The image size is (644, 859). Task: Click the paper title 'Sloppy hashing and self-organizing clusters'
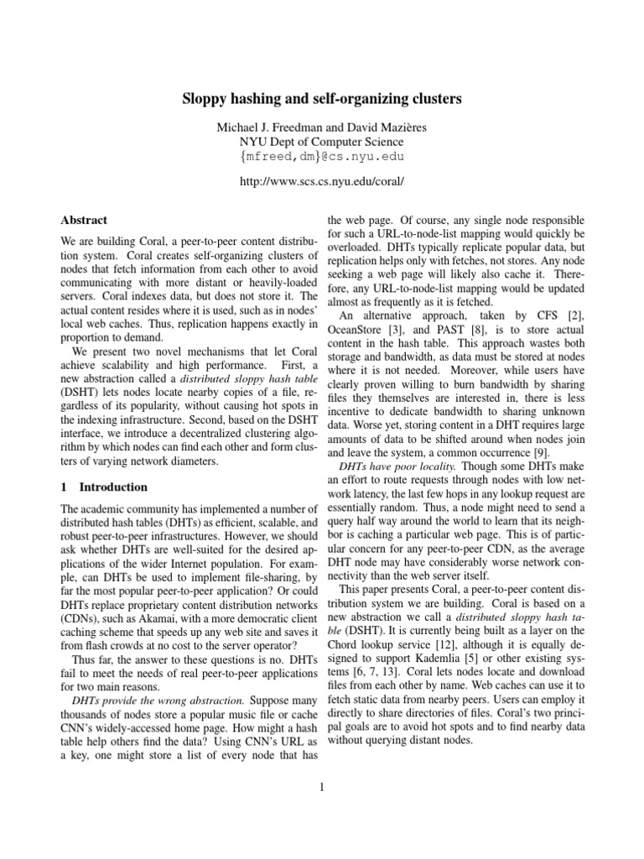click(x=322, y=99)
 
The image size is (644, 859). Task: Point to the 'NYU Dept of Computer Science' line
click(x=322, y=141)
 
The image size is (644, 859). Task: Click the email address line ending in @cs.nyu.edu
click(x=322, y=157)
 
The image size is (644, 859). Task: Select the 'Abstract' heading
click(x=84, y=220)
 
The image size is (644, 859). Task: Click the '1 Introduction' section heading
click(x=104, y=487)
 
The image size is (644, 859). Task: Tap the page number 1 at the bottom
click(x=322, y=787)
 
